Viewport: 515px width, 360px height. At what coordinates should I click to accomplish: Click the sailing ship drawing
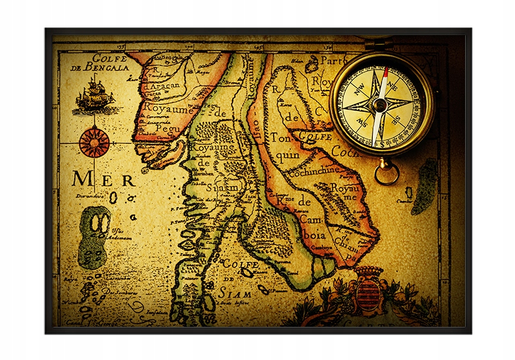tap(95, 95)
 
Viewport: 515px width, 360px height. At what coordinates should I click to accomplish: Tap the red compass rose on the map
tap(94, 142)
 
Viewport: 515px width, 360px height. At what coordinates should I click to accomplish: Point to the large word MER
tap(103, 180)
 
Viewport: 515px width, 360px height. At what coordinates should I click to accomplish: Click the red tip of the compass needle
tap(385, 72)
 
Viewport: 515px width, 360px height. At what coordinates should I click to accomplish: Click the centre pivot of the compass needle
tap(380, 104)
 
